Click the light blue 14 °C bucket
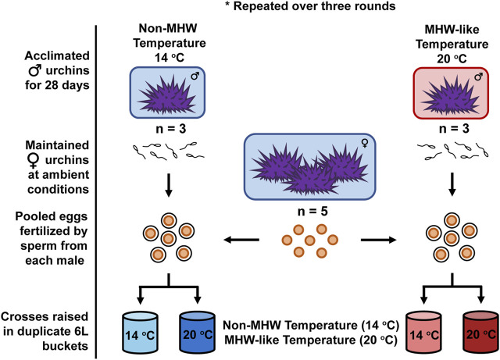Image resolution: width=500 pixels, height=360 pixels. click(x=140, y=333)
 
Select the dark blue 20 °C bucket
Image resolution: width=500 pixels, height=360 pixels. click(x=197, y=333)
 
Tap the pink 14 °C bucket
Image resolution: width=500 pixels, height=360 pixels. click(x=423, y=333)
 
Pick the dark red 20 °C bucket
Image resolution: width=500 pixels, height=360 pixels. click(x=480, y=333)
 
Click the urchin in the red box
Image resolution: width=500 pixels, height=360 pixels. click(x=450, y=94)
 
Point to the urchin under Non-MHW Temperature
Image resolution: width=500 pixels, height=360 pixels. click(x=167, y=94)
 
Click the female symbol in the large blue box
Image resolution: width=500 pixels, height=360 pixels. click(x=365, y=143)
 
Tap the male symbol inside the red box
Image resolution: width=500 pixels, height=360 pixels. click(x=479, y=77)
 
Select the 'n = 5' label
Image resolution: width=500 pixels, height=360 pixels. click(x=312, y=211)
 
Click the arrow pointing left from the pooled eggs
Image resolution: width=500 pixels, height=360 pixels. click(x=241, y=240)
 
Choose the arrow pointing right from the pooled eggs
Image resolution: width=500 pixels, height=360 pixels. click(x=378, y=240)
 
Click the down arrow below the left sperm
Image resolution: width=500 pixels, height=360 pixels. click(x=169, y=185)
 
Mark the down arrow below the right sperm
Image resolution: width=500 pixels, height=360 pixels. click(x=452, y=184)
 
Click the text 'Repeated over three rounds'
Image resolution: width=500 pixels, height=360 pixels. click(x=314, y=6)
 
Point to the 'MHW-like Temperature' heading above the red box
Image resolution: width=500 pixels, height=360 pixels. click(x=452, y=37)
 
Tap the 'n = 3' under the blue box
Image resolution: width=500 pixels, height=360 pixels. click(x=171, y=129)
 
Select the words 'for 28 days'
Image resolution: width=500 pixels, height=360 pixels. click(x=57, y=85)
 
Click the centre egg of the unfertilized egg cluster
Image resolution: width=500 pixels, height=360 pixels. click(x=309, y=240)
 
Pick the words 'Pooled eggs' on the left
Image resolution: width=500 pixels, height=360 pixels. click(x=52, y=216)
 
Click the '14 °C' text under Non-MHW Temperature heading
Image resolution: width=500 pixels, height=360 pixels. click(x=170, y=58)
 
